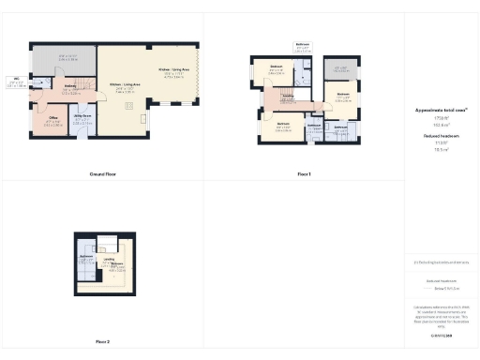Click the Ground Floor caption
pyautogui.click(x=102, y=174)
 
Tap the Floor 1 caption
pyautogui.click(x=303, y=174)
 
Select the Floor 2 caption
pyautogui.click(x=102, y=341)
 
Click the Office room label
pyautogui.click(x=52, y=118)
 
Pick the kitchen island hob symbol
pyautogui.click(x=143, y=120)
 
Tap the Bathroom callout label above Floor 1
pyautogui.click(x=303, y=44)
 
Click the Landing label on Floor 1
pyautogui.click(x=290, y=96)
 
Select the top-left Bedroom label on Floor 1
pyautogui.click(x=277, y=67)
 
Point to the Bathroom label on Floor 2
pyautogui.click(x=85, y=256)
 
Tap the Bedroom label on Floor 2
pyautogui.click(x=117, y=264)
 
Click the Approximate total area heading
pyautogui.click(x=441, y=110)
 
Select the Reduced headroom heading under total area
pyautogui.click(x=441, y=135)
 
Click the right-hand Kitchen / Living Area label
pyautogui.click(x=174, y=70)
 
